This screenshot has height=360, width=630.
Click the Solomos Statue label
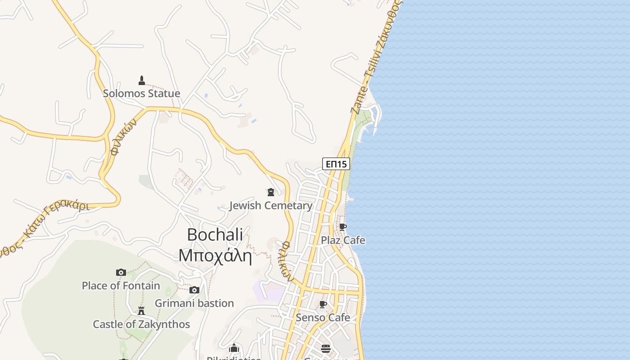(x=141, y=94)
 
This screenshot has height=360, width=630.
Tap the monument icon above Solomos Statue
(x=142, y=81)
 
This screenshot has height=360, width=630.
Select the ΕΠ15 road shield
(x=336, y=164)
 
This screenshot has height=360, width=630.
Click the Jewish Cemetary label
(x=271, y=206)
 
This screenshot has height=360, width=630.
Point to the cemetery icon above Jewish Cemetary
(x=271, y=193)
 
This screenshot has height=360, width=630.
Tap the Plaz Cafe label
(x=343, y=240)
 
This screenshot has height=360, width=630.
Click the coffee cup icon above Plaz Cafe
(x=343, y=227)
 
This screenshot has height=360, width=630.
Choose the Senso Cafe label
(x=323, y=318)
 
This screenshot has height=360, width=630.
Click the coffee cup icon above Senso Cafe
(x=323, y=305)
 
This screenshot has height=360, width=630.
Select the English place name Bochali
(x=215, y=234)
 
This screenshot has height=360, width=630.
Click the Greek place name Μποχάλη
(x=215, y=256)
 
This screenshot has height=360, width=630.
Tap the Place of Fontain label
(x=121, y=286)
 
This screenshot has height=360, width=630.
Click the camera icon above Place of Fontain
(x=121, y=272)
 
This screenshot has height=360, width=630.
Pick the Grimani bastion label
(x=194, y=303)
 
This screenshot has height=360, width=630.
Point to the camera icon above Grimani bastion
(x=194, y=290)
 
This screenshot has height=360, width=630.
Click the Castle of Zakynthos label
(x=141, y=324)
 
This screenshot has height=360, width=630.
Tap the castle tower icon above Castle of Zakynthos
(x=141, y=311)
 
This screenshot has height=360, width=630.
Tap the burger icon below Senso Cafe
(x=326, y=349)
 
